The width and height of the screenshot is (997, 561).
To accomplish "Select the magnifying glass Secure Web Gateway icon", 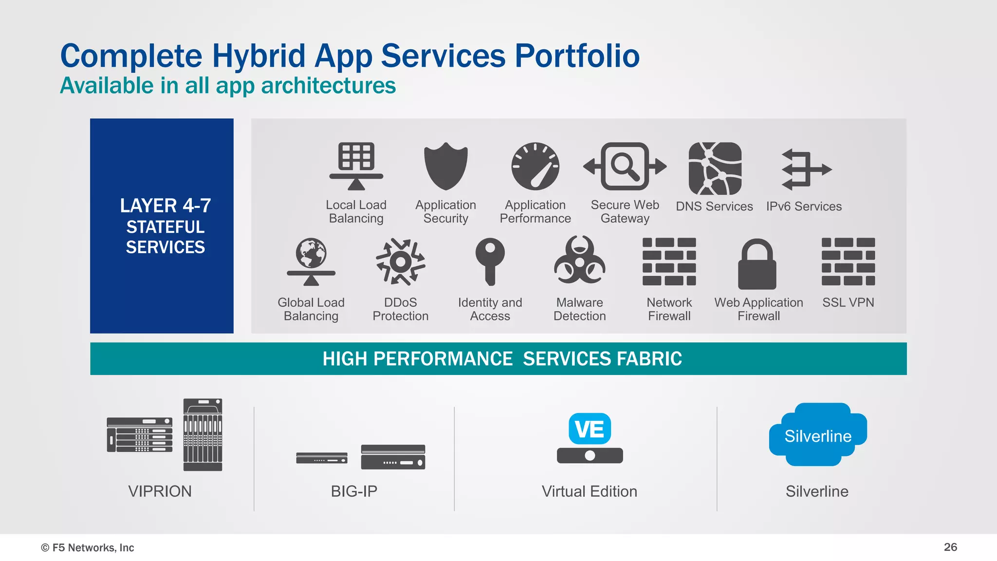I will tap(625, 166).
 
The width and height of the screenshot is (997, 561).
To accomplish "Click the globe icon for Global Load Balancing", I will tap(311, 253).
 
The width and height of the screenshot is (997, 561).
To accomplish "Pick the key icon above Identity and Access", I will tap(490, 261).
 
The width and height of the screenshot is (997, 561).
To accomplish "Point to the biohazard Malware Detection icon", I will tap(579, 261).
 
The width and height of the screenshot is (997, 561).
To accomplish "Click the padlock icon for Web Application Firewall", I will tap(757, 264).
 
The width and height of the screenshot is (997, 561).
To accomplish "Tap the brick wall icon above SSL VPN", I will tap(848, 262).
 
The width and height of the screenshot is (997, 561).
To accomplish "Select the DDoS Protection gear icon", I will tap(400, 262).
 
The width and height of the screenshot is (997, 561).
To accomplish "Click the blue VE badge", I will tap(590, 429).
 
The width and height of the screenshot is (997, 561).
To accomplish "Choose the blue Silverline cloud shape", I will tap(817, 435).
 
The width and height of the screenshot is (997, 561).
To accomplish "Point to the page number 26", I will tap(950, 547).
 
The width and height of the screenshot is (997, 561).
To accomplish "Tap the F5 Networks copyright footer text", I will tap(88, 547).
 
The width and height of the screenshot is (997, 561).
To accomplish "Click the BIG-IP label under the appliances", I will tap(354, 491).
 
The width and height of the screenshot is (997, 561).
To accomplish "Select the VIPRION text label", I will tap(160, 491).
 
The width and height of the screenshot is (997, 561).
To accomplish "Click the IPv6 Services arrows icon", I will tap(806, 169).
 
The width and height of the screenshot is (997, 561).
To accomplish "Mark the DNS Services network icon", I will tap(715, 168).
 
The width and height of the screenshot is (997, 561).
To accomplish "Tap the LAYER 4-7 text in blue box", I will tap(165, 206).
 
